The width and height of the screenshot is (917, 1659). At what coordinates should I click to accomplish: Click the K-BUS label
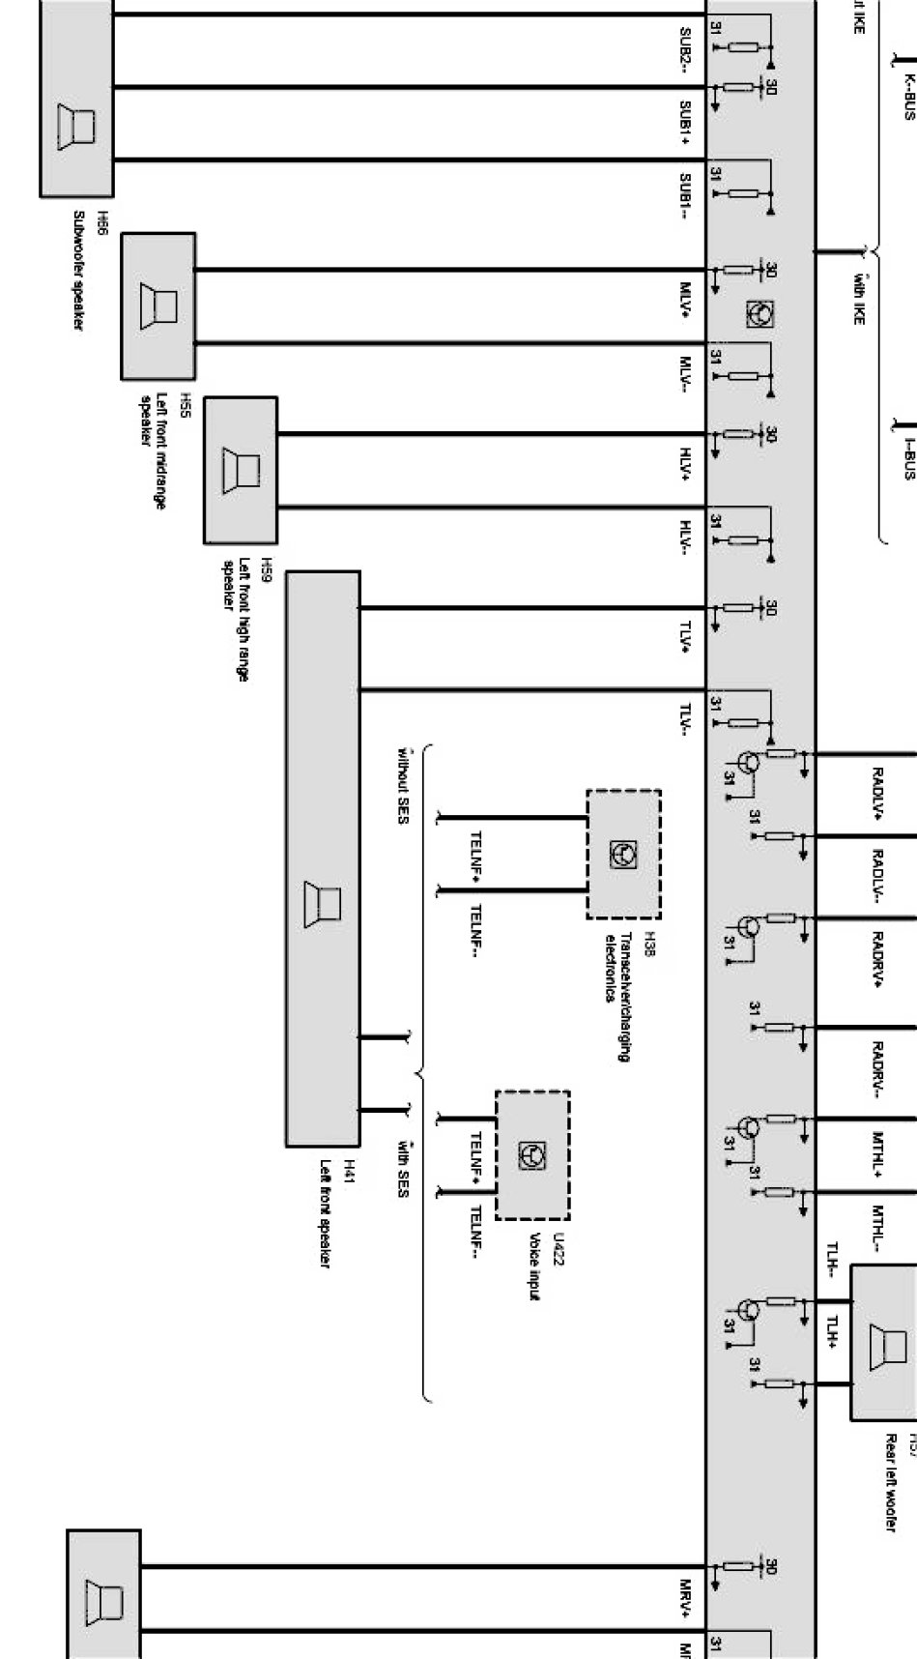[x=908, y=98]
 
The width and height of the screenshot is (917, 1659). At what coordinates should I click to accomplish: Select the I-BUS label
[x=908, y=457]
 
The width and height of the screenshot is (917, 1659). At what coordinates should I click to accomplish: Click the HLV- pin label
[x=685, y=538]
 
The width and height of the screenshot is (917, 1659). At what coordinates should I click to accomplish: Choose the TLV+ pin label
[x=685, y=636]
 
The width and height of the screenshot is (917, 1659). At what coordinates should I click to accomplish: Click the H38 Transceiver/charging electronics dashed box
[x=623, y=854]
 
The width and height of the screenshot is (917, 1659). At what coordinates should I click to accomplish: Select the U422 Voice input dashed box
[x=532, y=1155]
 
